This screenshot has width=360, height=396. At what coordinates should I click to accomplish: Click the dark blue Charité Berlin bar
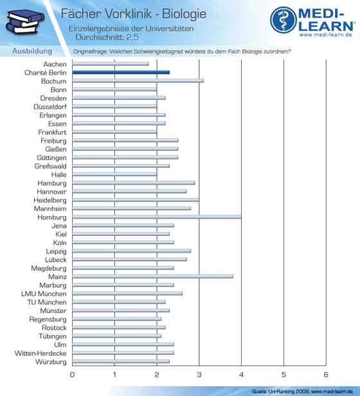(121, 72)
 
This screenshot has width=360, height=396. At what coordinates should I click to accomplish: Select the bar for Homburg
(157, 217)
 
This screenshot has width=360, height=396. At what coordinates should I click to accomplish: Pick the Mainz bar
(152, 276)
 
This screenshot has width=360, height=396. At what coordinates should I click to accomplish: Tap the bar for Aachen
(111, 64)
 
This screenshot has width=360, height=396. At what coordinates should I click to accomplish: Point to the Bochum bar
(138, 81)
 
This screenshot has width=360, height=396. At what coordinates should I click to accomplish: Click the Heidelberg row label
(50, 201)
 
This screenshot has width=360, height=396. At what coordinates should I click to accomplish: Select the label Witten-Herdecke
(40, 353)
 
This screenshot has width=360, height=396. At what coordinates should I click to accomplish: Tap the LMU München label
(44, 294)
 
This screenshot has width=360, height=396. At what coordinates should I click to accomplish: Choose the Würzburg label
(51, 362)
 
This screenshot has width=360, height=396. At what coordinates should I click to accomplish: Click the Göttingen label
(51, 158)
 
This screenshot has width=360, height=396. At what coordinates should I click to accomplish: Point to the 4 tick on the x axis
(241, 375)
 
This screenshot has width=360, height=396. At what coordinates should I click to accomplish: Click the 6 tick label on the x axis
(326, 375)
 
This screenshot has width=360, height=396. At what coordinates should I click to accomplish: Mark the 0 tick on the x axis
(72, 375)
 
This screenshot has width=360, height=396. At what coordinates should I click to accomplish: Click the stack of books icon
(25, 22)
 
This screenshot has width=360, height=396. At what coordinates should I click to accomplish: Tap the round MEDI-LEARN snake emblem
(283, 20)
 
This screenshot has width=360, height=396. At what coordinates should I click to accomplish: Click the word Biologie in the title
(184, 14)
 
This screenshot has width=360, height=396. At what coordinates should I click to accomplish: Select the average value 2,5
(132, 37)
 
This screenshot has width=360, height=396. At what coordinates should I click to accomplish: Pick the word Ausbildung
(32, 51)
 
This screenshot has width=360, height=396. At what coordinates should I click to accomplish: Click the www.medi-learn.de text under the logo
(326, 35)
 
